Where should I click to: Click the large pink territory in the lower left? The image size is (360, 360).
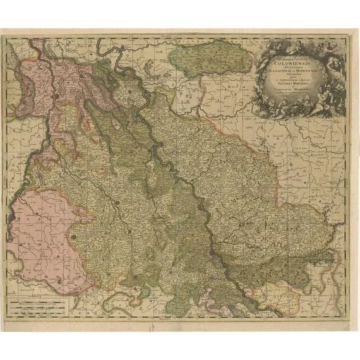44,234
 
